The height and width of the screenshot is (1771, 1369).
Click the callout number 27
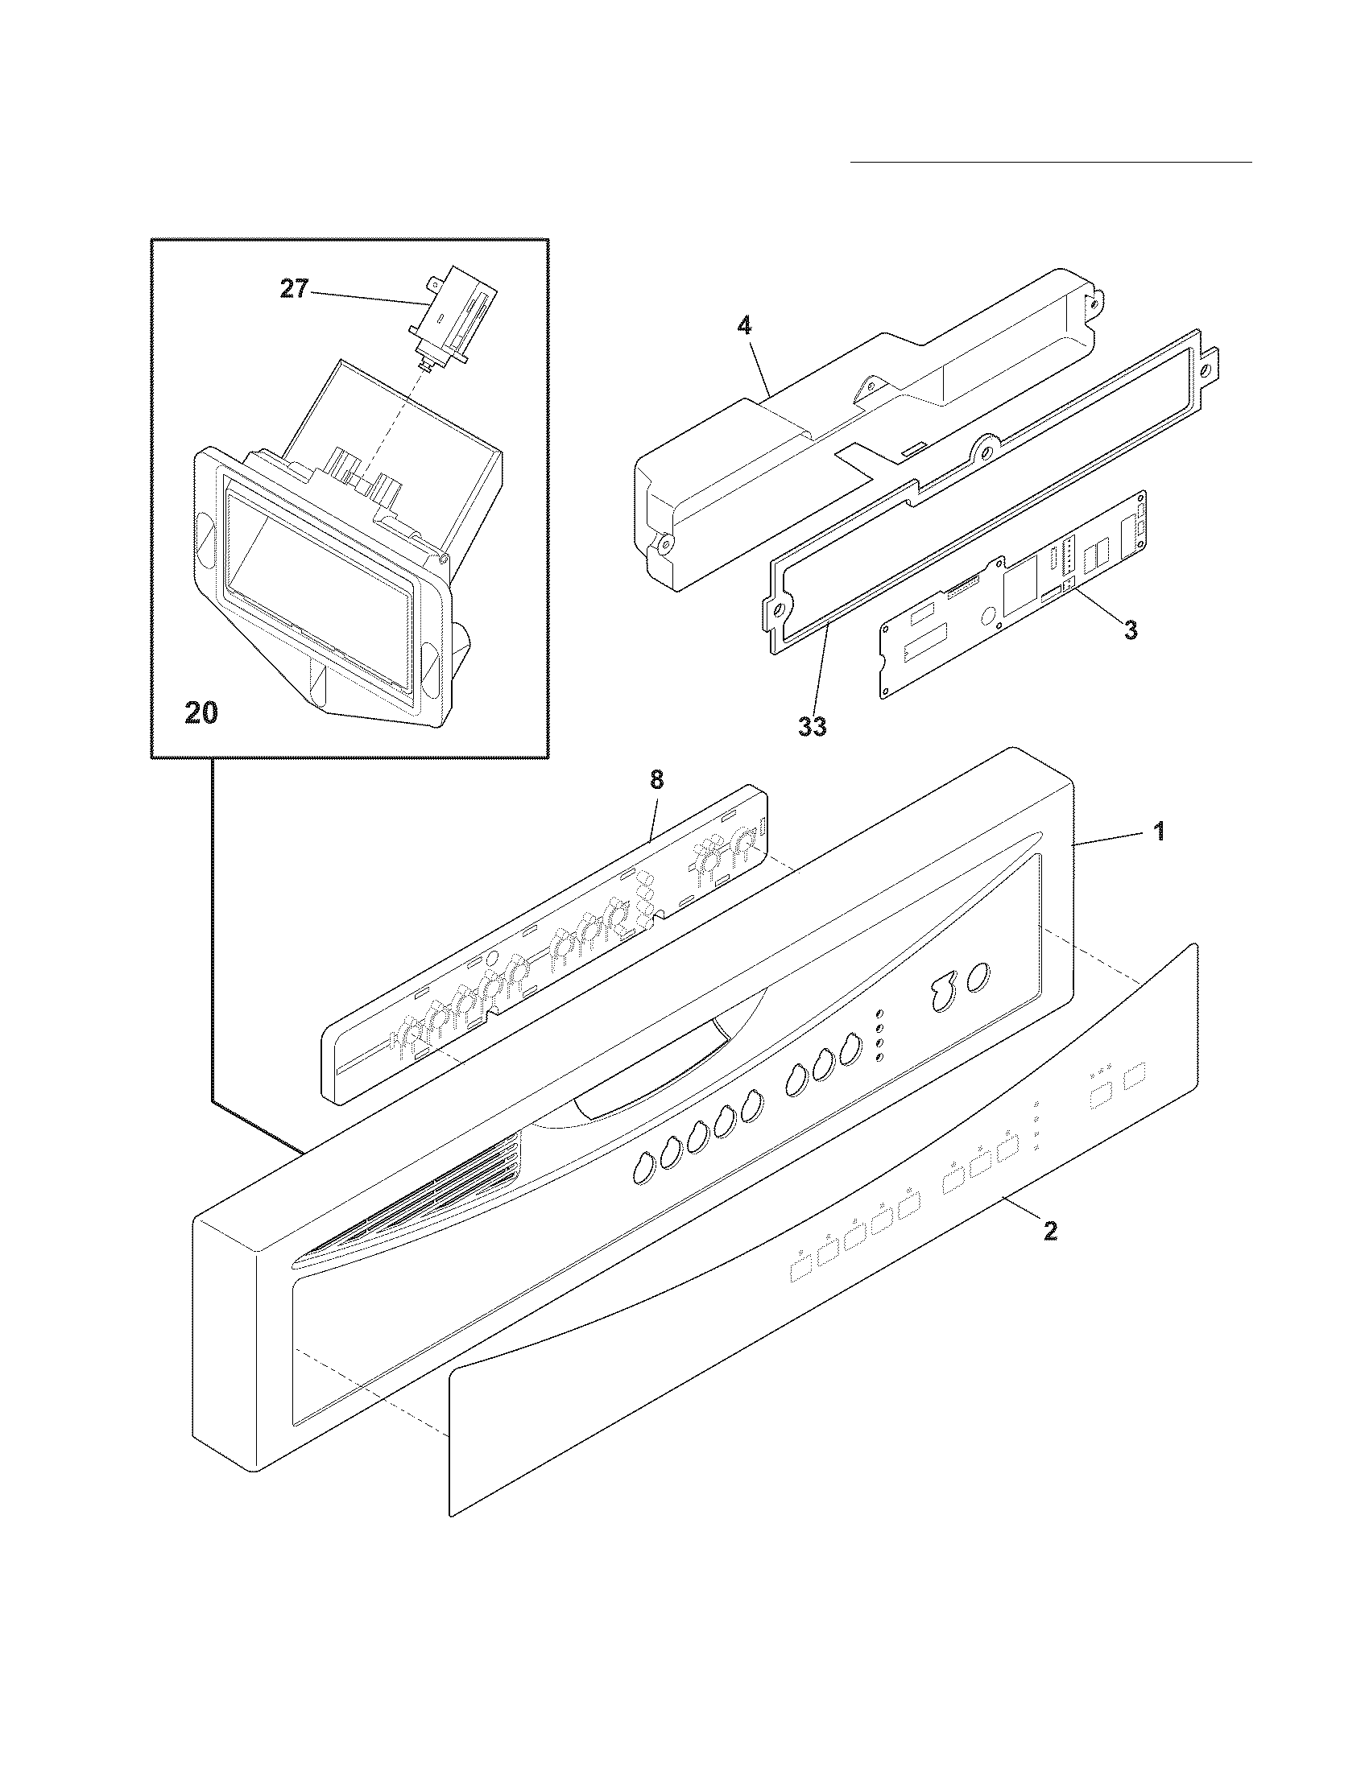click(x=294, y=290)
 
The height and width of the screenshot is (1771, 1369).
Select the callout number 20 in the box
click(x=201, y=712)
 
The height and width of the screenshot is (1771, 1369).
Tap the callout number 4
click(x=744, y=326)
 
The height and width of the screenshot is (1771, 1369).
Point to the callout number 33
click(x=812, y=727)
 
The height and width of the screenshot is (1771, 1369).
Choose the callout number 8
click(x=656, y=780)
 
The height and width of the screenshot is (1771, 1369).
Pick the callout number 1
click(x=1160, y=832)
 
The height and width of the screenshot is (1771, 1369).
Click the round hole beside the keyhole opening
click(x=978, y=976)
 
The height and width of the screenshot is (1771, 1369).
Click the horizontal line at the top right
click(x=1050, y=162)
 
